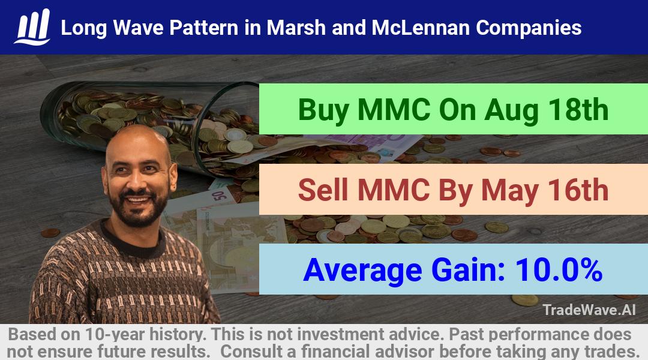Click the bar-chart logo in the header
pyautogui.click(x=32, y=27)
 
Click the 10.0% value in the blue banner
pyautogui.click(x=559, y=270)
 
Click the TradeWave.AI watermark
pyautogui.click(x=589, y=310)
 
